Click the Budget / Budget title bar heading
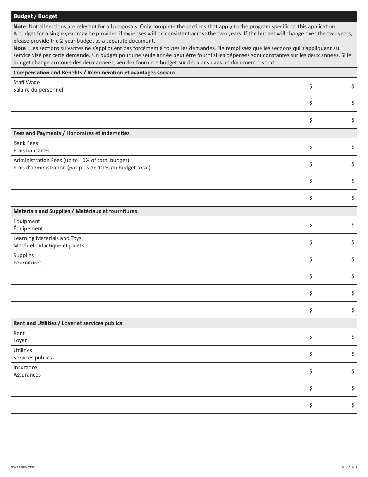point(35,16)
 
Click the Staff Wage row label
point(26,82)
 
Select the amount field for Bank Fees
point(332,147)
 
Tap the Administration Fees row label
point(71,160)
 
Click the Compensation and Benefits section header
point(95,73)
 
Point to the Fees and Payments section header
point(72,133)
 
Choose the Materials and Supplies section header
point(75,211)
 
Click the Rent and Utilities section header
point(68,323)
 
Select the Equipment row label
point(27,221)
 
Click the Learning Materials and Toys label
point(47,238)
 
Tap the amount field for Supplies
point(332,259)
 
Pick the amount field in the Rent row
point(332,337)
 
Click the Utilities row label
point(23,350)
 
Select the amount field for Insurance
point(332,371)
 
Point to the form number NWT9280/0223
point(23,467)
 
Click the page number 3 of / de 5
point(349,467)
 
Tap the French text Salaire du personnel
point(38,90)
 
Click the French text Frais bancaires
point(31,150)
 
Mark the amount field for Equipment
point(332,225)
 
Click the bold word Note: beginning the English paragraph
point(20,26)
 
